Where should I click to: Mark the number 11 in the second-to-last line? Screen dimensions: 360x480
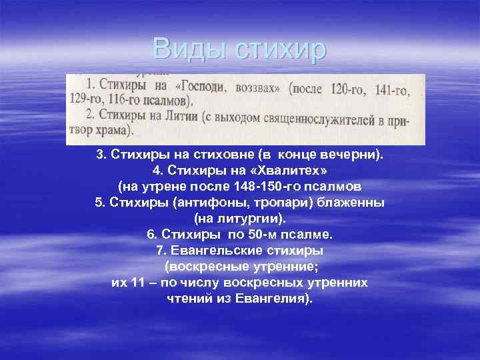coord(138,283)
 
